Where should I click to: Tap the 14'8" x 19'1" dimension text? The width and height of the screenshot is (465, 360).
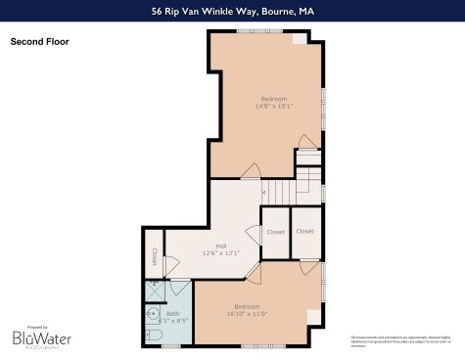tap(274, 106)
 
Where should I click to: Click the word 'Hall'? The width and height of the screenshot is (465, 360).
tap(221, 247)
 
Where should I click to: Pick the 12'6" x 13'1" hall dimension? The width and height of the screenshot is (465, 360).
tap(221, 254)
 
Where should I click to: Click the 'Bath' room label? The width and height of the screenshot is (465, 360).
tap(172, 314)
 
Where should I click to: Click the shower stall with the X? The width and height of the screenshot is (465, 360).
tap(155, 291)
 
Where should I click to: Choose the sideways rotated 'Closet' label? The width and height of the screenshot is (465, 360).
tap(154, 255)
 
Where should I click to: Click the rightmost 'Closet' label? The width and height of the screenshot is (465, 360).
tap(304, 232)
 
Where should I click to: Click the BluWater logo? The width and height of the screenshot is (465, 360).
tap(41, 337)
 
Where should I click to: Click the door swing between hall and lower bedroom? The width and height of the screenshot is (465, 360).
tap(254, 273)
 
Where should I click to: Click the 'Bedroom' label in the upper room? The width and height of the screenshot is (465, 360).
tap(274, 99)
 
